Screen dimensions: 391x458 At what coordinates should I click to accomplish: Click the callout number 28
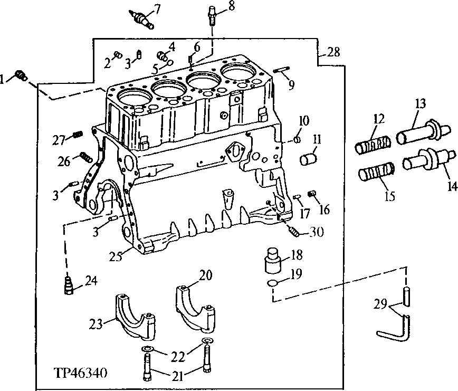click(333, 52)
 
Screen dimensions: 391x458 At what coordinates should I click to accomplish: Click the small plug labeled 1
click(21, 76)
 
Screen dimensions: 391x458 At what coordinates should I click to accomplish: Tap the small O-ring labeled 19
click(273, 284)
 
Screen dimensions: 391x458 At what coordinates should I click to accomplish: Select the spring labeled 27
click(77, 135)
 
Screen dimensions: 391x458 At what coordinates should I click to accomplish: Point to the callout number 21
click(177, 376)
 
